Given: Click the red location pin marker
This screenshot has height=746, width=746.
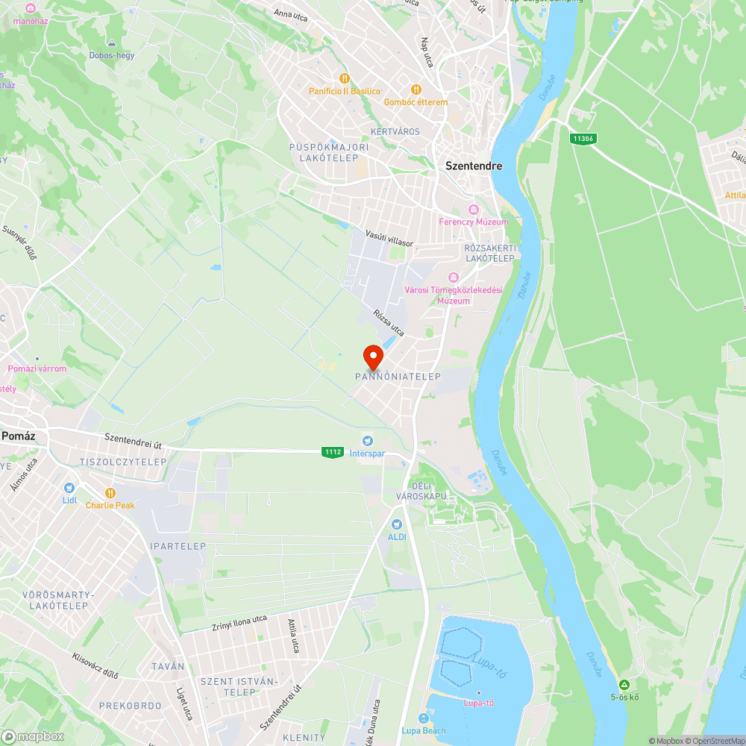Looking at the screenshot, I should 373,357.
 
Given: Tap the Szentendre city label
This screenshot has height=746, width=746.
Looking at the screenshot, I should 474,166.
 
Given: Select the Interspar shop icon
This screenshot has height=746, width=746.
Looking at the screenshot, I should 367,439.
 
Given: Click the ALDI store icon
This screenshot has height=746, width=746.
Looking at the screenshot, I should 396,524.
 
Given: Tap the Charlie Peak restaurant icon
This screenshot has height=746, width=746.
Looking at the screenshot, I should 110,493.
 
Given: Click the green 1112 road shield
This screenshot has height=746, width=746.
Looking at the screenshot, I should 333,452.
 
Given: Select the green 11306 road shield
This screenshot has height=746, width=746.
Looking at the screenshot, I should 583,139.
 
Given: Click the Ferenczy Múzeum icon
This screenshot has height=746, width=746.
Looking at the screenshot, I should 473,210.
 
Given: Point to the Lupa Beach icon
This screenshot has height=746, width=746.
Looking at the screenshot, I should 424,718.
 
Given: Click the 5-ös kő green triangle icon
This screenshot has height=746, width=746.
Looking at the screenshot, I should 624,685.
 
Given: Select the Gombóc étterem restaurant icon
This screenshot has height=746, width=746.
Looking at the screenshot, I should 416,89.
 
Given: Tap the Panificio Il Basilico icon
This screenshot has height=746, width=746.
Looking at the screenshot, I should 344,78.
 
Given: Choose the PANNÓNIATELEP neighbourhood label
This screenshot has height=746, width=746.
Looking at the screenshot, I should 398,377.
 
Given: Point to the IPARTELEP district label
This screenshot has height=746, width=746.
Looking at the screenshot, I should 178,547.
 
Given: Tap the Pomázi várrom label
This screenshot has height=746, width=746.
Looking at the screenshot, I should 37,369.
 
